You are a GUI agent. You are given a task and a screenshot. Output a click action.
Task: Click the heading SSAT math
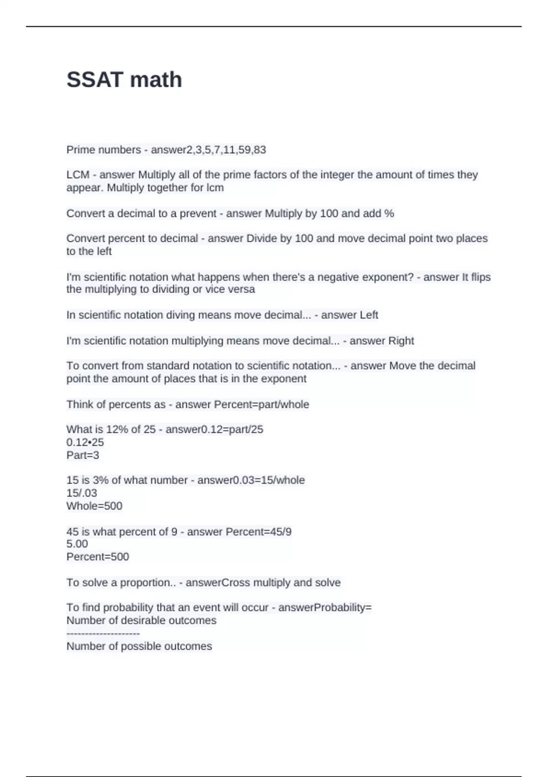pyautogui.click(x=124, y=80)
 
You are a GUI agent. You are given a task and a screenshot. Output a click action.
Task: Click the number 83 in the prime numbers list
pyautogui.click(x=260, y=150)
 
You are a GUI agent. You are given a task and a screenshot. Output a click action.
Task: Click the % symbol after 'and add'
pyautogui.click(x=389, y=213)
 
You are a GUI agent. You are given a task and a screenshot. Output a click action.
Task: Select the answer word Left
pyautogui.click(x=369, y=315)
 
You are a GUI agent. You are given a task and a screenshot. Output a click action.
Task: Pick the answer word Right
pyautogui.click(x=401, y=341)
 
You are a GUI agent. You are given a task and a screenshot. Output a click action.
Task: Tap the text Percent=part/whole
pyautogui.click(x=262, y=404)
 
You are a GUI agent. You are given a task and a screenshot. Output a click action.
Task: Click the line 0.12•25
pyautogui.click(x=85, y=442)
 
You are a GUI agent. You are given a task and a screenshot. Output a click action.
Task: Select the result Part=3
pyautogui.click(x=83, y=455)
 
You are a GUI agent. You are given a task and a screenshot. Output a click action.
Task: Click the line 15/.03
pyautogui.click(x=82, y=493)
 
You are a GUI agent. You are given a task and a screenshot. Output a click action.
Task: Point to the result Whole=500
pyautogui.click(x=95, y=506)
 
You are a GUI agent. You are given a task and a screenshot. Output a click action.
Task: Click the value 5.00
pyautogui.click(x=77, y=544)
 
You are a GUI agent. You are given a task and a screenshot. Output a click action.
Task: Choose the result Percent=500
pyautogui.click(x=98, y=557)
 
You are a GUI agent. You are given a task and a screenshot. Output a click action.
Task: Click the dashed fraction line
pyautogui.click(x=103, y=633)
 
